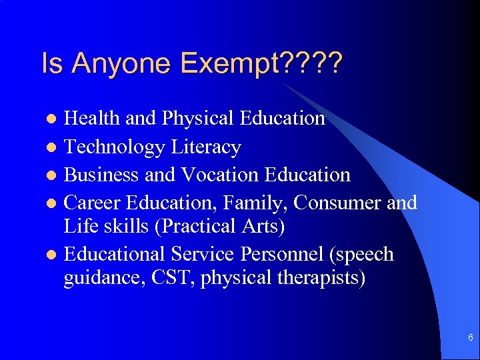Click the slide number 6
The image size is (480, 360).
(x=471, y=338)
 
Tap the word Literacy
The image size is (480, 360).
(x=206, y=147)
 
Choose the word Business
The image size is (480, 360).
(x=102, y=175)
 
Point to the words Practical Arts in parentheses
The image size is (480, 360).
(x=219, y=227)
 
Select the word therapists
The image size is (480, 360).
(x=317, y=277)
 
